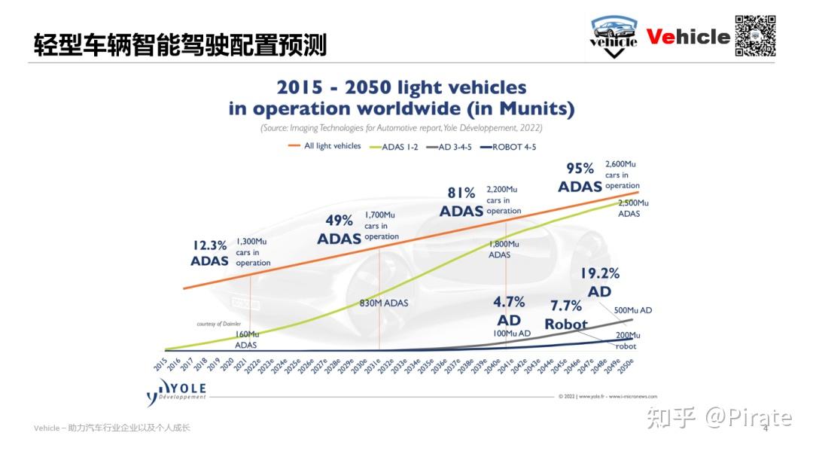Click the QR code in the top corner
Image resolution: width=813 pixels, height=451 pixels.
[755, 35]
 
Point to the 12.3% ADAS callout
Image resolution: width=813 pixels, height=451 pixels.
[209, 253]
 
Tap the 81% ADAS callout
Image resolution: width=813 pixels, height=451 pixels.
[461, 202]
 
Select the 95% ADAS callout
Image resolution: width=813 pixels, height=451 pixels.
[580, 177]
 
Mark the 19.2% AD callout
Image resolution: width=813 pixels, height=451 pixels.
[599, 282]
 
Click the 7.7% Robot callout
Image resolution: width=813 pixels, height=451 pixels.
[566, 315]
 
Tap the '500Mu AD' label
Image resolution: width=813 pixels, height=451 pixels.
[633, 310]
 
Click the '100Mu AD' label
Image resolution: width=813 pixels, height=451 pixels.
[512, 333]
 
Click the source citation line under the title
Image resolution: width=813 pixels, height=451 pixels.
[401, 128]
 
